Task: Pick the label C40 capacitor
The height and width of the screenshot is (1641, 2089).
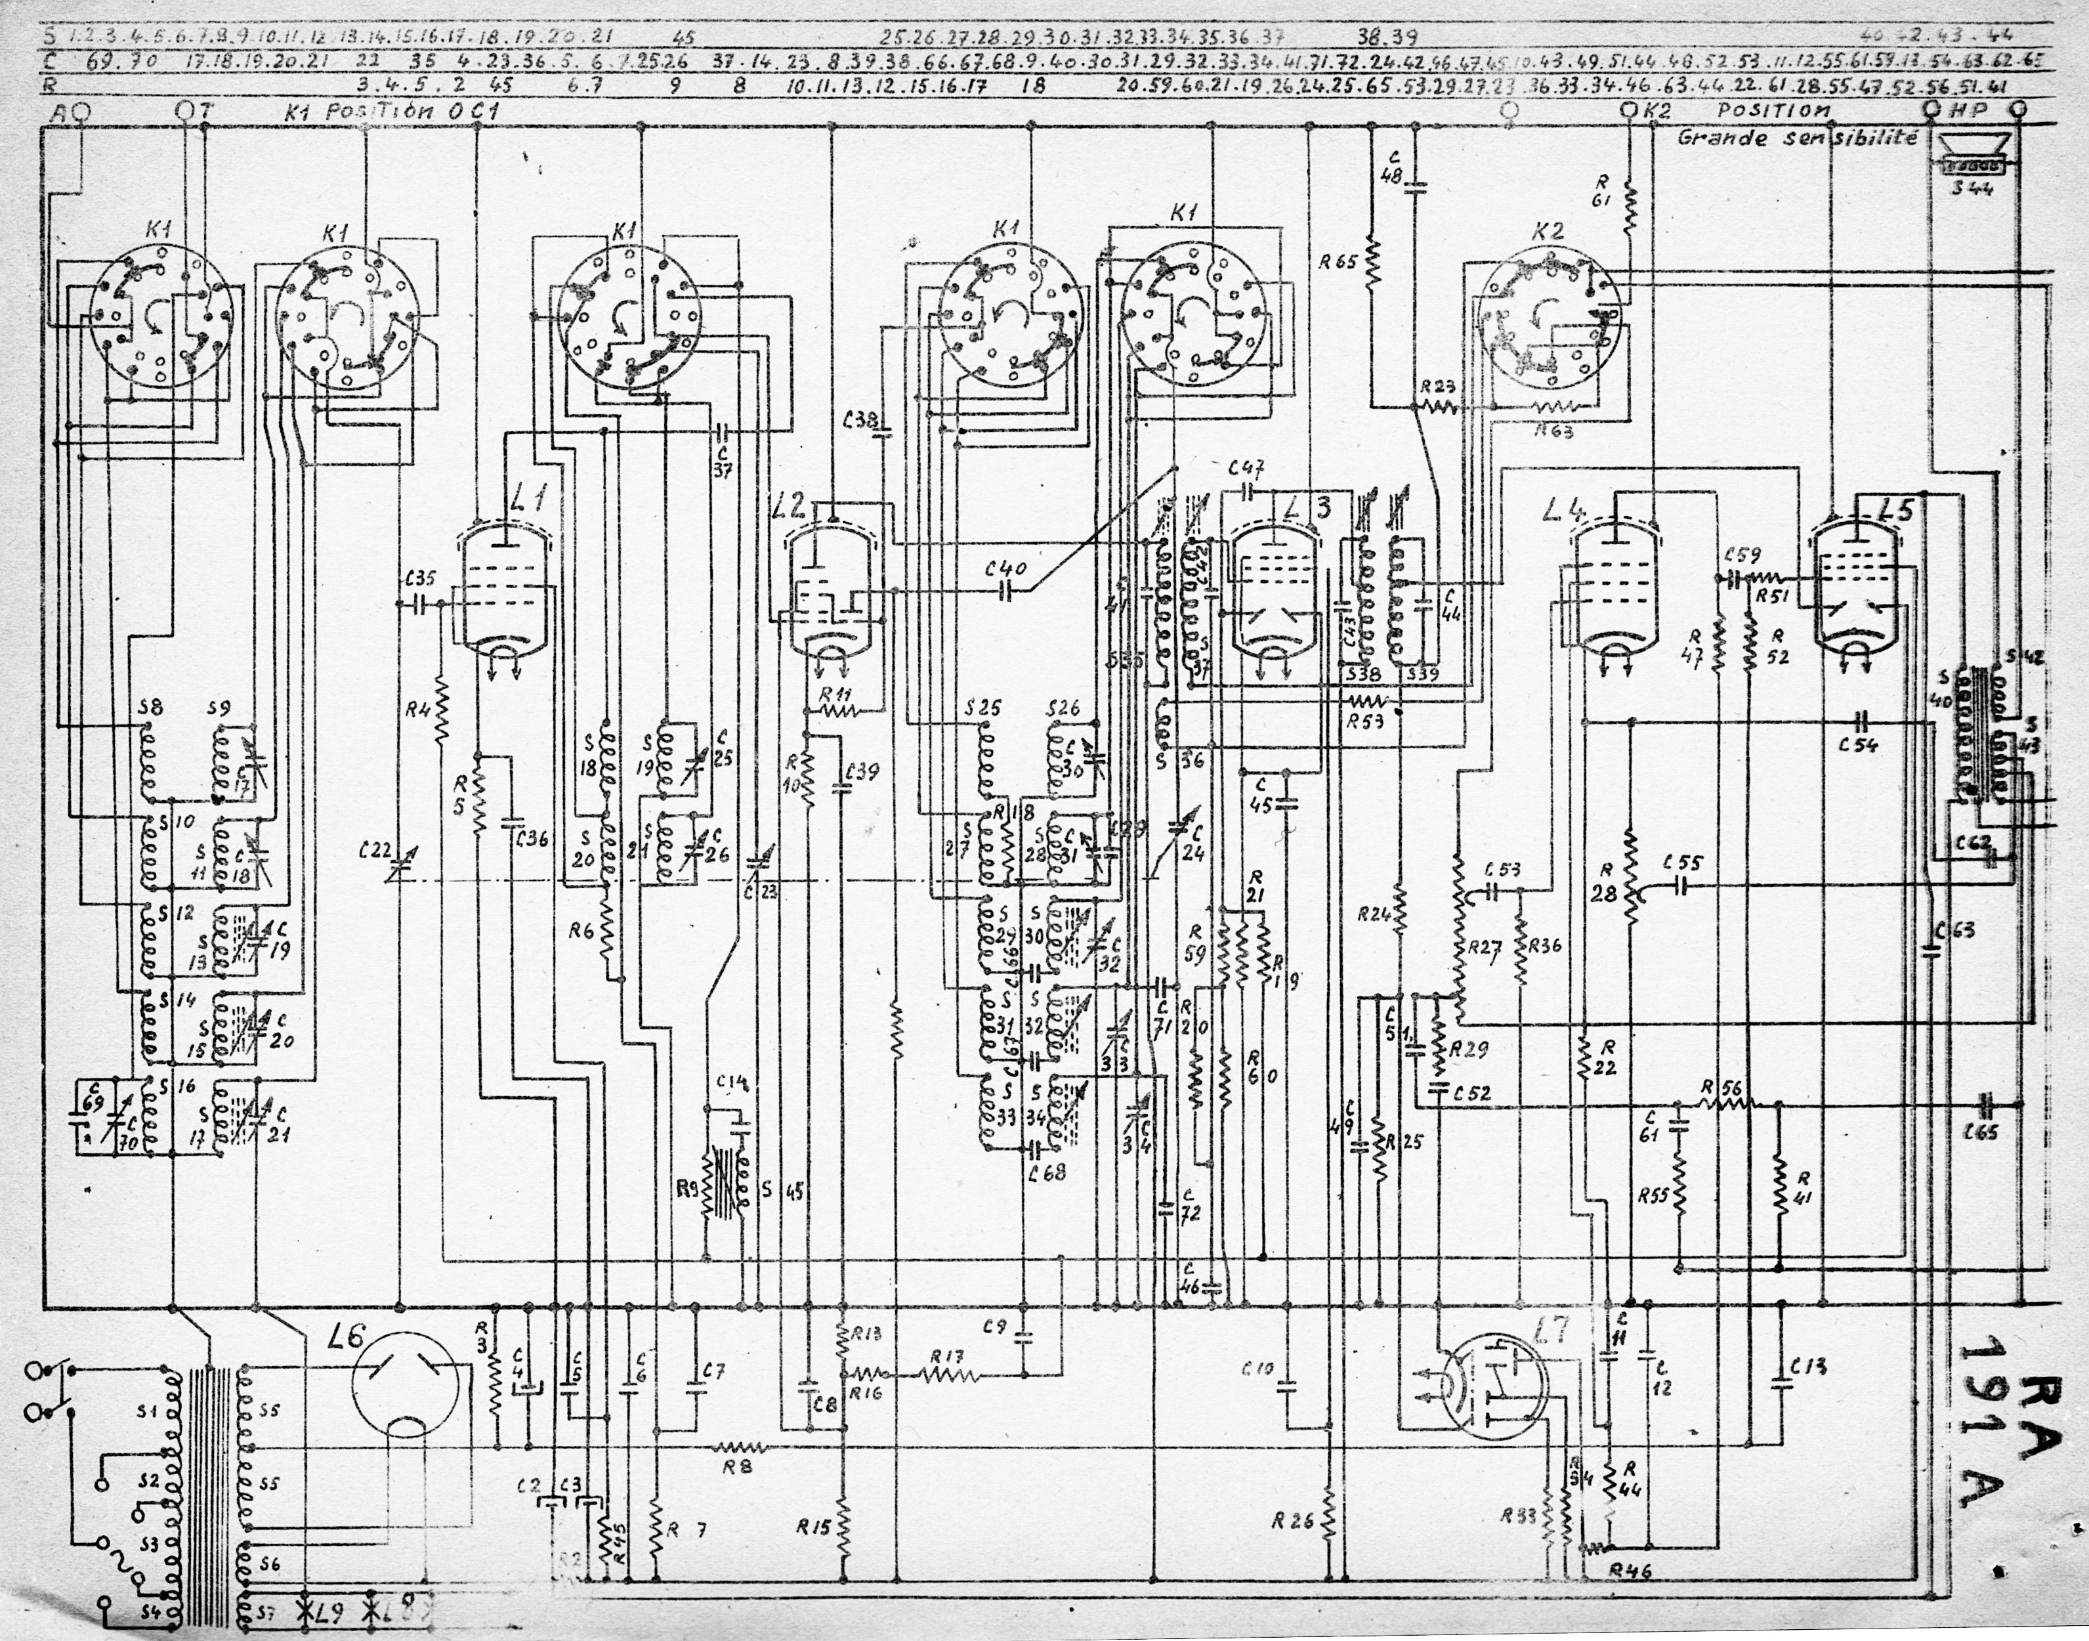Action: coord(1007,569)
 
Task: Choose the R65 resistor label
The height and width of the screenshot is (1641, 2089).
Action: coord(1345,261)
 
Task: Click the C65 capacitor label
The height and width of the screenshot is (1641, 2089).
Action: coord(1981,1133)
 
